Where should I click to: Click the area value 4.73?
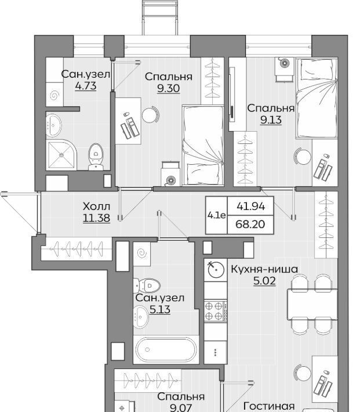(86, 86)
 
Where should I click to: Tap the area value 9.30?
(169, 88)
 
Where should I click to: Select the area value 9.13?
(271, 120)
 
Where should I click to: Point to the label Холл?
(96, 207)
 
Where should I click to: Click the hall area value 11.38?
(96, 218)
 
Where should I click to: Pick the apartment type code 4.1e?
(216, 215)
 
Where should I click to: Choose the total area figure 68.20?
(250, 225)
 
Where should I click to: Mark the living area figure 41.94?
(251, 207)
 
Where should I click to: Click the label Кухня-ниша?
(264, 269)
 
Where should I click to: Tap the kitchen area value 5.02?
(264, 281)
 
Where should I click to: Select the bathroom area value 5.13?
(160, 309)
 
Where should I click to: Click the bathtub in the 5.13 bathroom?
(166, 349)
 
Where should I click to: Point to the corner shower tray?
(61, 155)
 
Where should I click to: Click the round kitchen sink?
(216, 269)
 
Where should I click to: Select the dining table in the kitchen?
(312, 304)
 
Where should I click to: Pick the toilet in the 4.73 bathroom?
(96, 157)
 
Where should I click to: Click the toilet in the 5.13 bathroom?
(147, 285)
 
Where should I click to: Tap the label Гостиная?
(269, 406)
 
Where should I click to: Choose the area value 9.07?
(181, 408)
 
